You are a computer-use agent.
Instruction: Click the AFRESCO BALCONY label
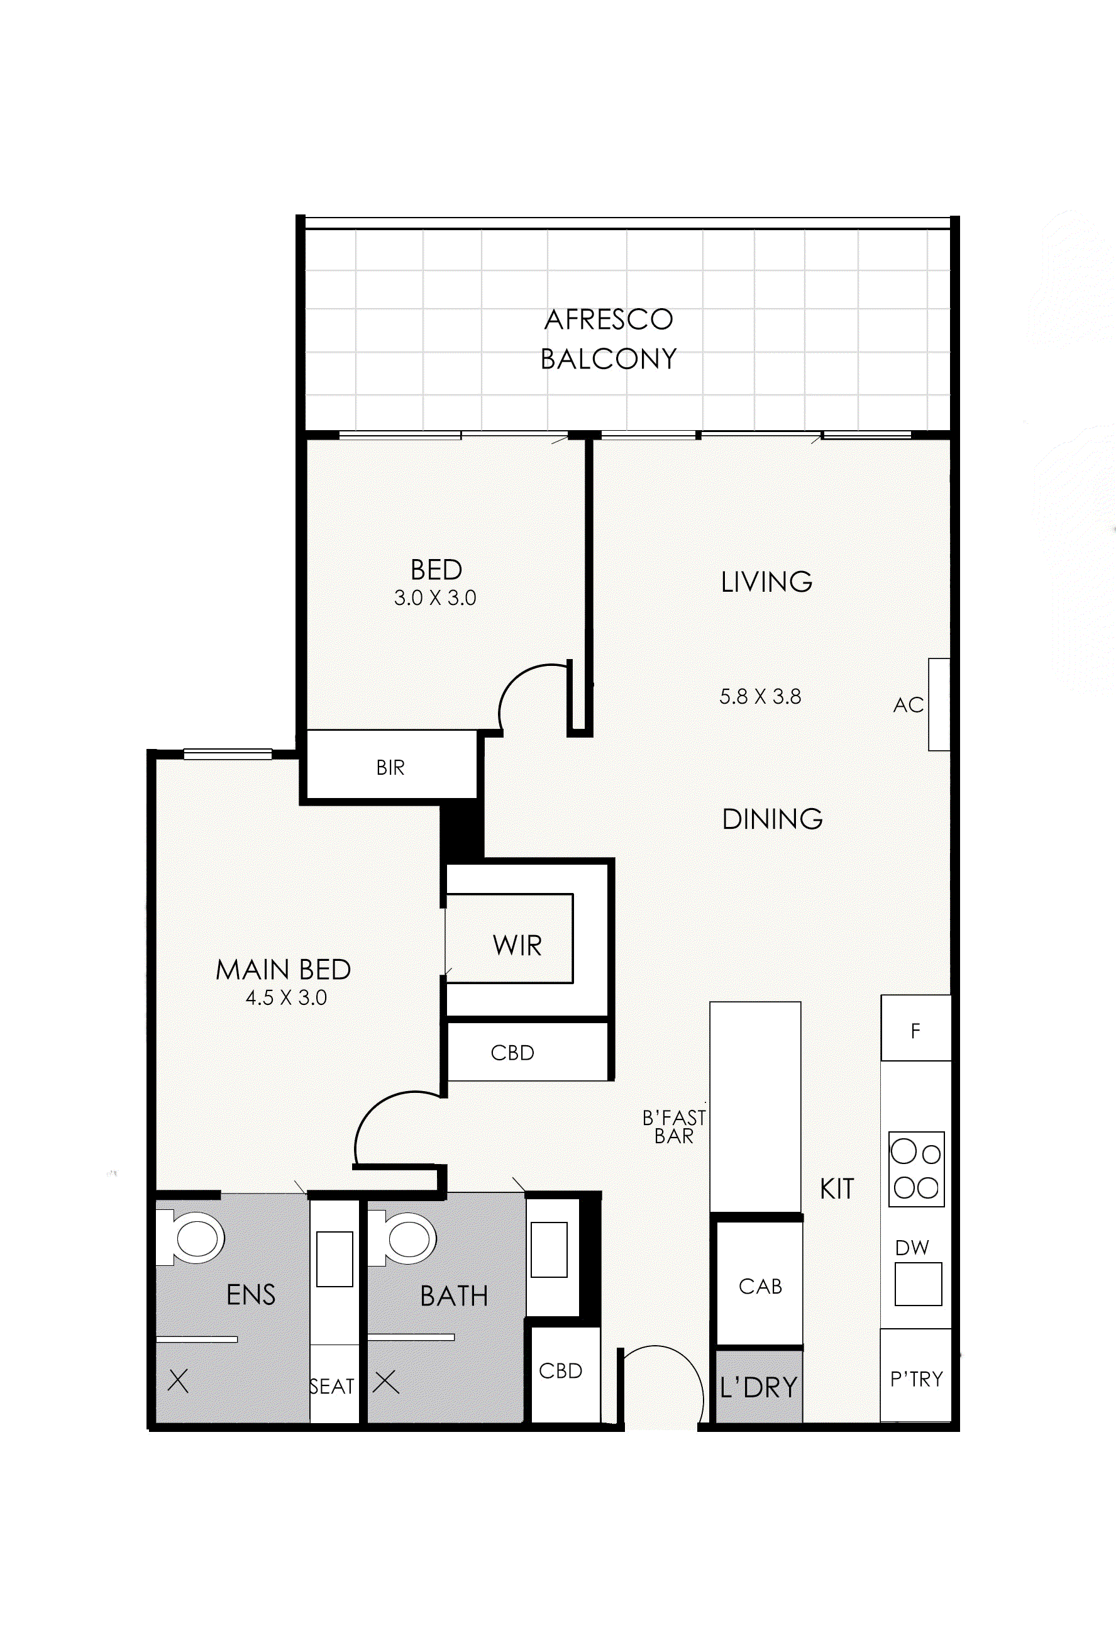pyautogui.click(x=608, y=339)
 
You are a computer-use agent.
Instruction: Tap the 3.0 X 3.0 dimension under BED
pyautogui.click(x=434, y=598)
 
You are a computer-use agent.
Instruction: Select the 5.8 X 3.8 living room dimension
pyautogui.click(x=760, y=697)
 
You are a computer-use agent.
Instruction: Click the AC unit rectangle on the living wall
pyautogui.click(x=939, y=704)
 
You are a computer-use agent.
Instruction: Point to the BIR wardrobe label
pyautogui.click(x=390, y=767)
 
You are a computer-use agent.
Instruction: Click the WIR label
pyautogui.click(x=517, y=945)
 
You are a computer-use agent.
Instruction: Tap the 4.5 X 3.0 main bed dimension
pyautogui.click(x=286, y=998)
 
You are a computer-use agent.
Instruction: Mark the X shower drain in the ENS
pyautogui.click(x=178, y=1380)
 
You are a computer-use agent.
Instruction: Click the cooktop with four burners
pyautogui.click(x=916, y=1169)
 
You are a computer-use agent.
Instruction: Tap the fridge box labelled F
pyautogui.click(x=915, y=1031)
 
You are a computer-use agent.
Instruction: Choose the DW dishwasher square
pyautogui.click(x=917, y=1284)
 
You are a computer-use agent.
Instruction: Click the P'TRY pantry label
pyautogui.click(x=916, y=1379)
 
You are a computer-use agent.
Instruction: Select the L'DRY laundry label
pyautogui.click(x=758, y=1388)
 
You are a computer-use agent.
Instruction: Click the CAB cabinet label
pyautogui.click(x=760, y=1286)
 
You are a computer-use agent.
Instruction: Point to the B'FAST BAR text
pyautogui.click(x=674, y=1127)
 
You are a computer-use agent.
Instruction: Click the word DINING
pyautogui.click(x=771, y=819)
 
